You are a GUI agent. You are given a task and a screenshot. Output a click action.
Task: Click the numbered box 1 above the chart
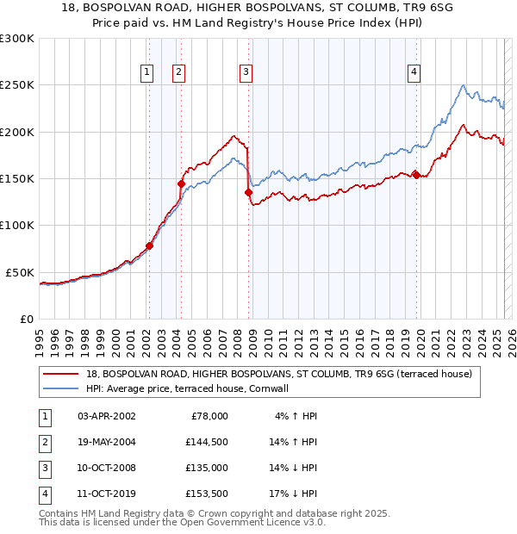pyautogui.click(x=148, y=72)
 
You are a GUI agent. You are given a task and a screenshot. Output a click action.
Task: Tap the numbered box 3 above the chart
pyautogui.click(x=246, y=72)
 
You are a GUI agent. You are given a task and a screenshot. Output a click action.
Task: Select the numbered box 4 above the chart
pyautogui.click(x=414, y=72)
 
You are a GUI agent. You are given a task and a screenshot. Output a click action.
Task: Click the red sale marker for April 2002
pyautogui.click(x=149, y=245)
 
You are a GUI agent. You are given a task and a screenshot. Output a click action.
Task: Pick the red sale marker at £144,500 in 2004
pyautogui.click(x=182, y=183)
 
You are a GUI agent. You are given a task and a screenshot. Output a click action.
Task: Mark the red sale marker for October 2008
pyautogui.click(x=249, y=193)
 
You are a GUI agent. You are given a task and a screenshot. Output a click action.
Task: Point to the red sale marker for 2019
pyautogui.click(x=416, y=175)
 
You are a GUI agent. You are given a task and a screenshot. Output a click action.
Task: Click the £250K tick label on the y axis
pyautogui.click(x=17, y=85)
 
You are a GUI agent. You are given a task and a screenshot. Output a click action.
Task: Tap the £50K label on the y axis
pyautogui.click(x=21, y=272)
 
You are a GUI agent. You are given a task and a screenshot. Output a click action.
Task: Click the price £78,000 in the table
pyautogui.click(x=208, y=416)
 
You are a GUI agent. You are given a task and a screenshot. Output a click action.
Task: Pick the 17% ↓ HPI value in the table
pyautogui.click(x=293, y=494)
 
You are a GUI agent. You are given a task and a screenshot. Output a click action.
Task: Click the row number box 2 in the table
pyautogui.click(x=43, y=442)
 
